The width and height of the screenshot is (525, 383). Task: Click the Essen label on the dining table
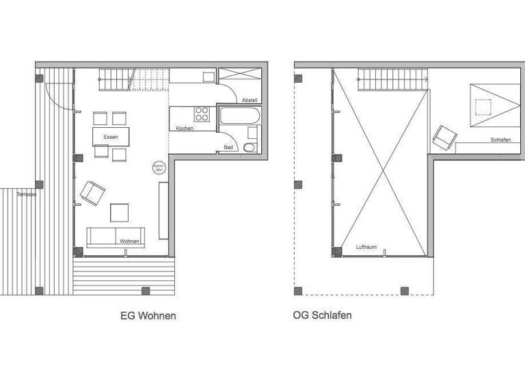pyautogui.click(x=110, y=137)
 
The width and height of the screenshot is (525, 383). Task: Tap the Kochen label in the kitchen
pyautogui.click(x=185, y=129)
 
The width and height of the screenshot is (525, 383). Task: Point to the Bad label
pyautogui.click(x=228, y=147)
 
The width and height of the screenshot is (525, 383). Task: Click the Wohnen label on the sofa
pyautogui.click(x=130, y=241)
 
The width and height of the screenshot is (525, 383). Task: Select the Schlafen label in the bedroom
pyautogui.click(x=500, y=140)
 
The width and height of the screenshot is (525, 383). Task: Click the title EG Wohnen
pyautogui.click(x=148, y=316)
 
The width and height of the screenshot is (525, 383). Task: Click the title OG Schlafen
pyautogui.click(x=323, y=316)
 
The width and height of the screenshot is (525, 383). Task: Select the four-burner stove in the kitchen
pyautogui.click(x=202, y=114)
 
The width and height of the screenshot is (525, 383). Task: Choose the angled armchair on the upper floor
pyautogui.click(x=442, y=136)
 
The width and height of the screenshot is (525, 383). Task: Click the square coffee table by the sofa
pyautogui.click(x=120, y=213)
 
